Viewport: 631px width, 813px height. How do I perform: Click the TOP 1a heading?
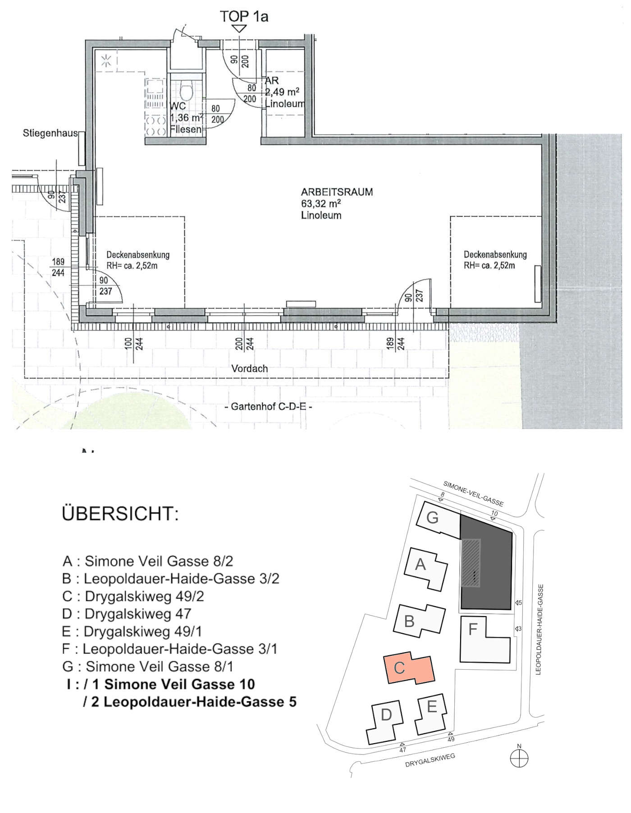point(244,17)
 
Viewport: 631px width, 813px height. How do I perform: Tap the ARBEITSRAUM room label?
point(337,192)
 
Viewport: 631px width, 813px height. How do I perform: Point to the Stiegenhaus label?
point(50,133)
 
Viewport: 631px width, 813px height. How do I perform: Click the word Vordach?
point(249,368)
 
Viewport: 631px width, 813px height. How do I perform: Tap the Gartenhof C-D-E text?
point(268,406)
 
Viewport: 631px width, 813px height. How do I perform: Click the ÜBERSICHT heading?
point(120,513)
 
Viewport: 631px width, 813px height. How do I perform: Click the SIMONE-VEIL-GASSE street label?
point(473,494)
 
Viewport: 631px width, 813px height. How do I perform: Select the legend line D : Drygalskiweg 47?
point(127,613)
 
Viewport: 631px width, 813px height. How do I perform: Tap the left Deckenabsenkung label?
point(138,254)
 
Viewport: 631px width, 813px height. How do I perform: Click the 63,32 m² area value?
point(321,204)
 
